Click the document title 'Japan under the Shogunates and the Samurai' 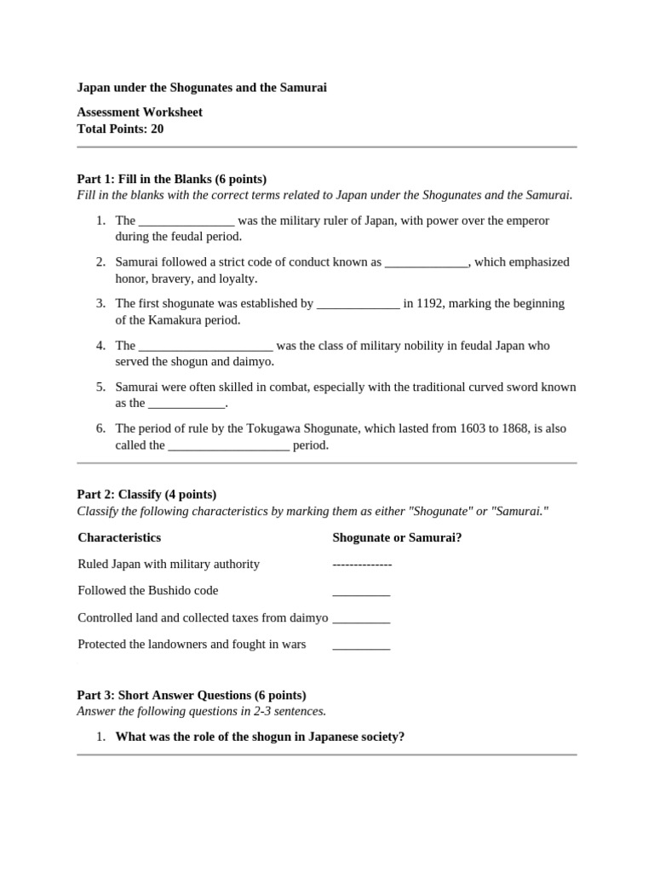(x=202, y=88)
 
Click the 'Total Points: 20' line (x=120, y=129)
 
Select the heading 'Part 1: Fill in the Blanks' (x=171, y=179)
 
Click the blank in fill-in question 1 (x=186, y=221)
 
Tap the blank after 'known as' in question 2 (x=427, y=262)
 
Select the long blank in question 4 (x=205, y=346)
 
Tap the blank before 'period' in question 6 (x=229, y=445)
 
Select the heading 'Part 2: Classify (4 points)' (x=146, y=494)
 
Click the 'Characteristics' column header (x=119, y=537)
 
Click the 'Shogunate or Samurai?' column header (x=397, y=537)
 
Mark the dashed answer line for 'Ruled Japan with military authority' (x=362, y=565)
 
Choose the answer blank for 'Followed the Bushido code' (x=361, y=592)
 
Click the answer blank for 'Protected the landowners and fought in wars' (x=361, y=645)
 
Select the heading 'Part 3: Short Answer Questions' (x=192, y=695)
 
